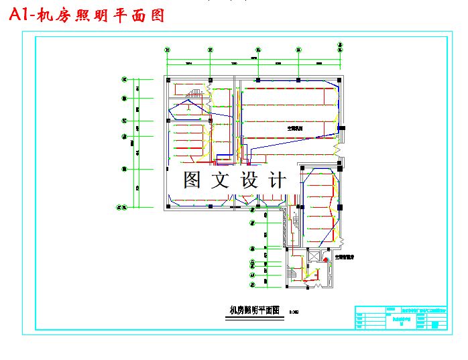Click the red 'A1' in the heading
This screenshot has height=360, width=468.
pyautogui.click(x=21, y=15)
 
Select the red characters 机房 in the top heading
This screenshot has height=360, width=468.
pyautogui.click(x=57, y=15)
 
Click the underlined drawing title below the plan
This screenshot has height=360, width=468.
pyautogui.click(x=253, y=310)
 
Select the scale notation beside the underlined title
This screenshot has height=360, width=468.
pyautogui.click(x=294, y=312)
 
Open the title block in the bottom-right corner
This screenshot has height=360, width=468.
pyautogui.click(x=400, y=317)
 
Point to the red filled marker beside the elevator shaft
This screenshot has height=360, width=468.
pyautogui.click(x=327, y=258)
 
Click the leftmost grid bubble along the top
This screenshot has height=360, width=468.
pyautogui.click(x=168, y=49)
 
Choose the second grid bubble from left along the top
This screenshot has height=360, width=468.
pyautogui.click(x=211, y=49)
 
